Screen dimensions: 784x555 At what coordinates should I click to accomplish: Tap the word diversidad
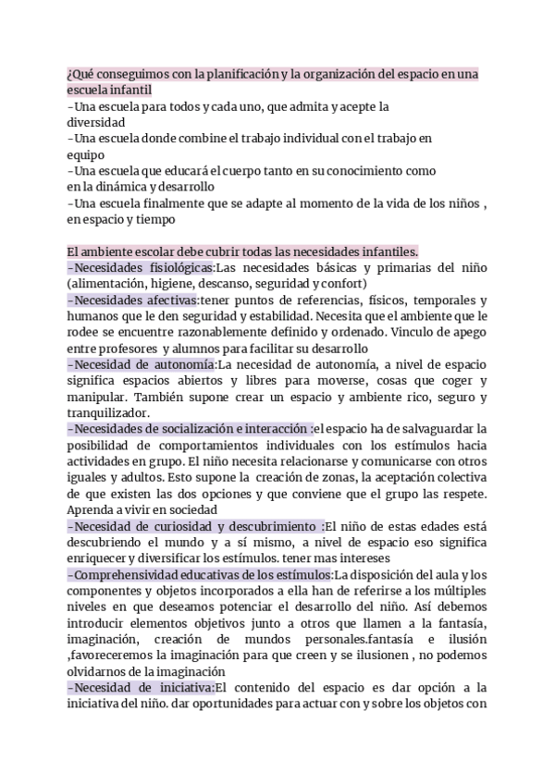coord(96,122)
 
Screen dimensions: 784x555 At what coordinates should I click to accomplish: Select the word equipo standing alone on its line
coord(85,155)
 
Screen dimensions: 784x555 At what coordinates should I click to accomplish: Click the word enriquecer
coord(105,558)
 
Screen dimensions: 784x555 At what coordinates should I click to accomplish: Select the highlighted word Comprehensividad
coord(128,575)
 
